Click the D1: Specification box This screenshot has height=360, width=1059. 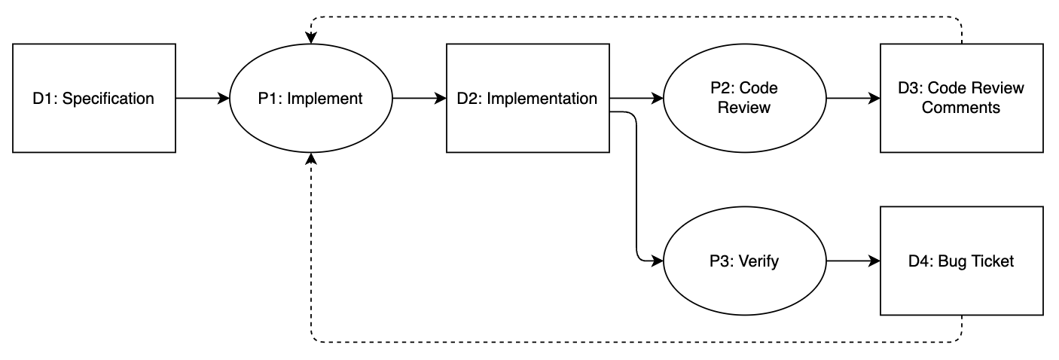click(x=94, y=98)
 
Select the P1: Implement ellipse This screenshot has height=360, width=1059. click(x=311, y=98)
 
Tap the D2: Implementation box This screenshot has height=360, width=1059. click(x=528, y=98)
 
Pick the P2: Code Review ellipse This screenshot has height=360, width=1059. click(x=744, y=98)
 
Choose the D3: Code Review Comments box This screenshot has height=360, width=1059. click(x=961, y=98)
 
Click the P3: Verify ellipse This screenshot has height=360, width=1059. click(x=744, y=261)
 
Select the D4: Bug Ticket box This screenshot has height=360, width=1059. click(x=961, y=261)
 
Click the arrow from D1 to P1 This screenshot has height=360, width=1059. click(x=203, y=98)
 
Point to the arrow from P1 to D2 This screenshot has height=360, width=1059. click(x=420, y=98)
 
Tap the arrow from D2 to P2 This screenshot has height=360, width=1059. click(x=636, y=98)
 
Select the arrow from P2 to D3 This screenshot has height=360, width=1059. click(x=853, y=98)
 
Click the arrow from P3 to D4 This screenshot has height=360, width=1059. click(x=853, y=261)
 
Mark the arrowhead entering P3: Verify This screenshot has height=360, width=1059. click(x=657, y=261)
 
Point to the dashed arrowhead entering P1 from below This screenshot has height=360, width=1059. click(x=311, y=160)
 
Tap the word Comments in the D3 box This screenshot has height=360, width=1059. click(x=961, y=108)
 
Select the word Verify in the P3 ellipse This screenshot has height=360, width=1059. click(x=759, y=261)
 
